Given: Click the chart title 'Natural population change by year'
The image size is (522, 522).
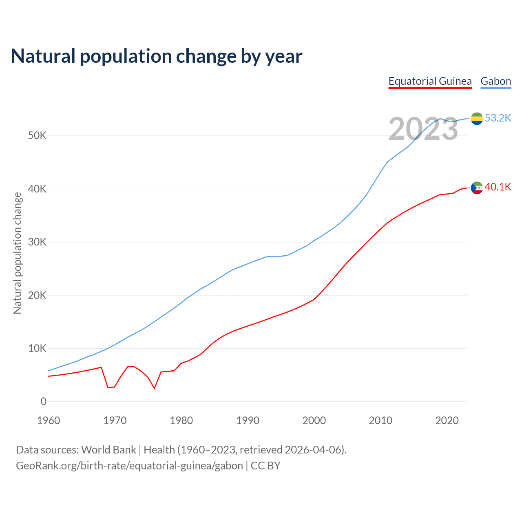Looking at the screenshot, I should pos(157,56).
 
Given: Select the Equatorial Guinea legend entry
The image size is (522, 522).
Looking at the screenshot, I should pos(430,81).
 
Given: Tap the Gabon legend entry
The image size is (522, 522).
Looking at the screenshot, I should pos(495,81).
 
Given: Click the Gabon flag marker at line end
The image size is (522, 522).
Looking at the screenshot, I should pos(477,119).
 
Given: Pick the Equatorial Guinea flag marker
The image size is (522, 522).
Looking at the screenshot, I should pos(477,188).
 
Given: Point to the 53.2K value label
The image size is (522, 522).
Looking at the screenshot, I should pos(498,118).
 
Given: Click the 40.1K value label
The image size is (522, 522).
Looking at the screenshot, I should pos(498,187).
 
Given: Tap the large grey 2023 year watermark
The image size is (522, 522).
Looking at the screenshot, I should pos(423,129).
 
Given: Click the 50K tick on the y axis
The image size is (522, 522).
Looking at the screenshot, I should pos(37,136).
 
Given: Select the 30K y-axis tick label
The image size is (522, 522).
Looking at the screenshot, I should pos(37,242).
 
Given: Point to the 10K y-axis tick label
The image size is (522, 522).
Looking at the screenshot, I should pos(37,349).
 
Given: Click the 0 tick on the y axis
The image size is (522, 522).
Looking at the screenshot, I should pos(43,402).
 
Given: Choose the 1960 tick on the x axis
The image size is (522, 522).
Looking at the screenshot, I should pos(49,420).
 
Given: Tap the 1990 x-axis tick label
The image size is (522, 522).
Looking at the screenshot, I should pos(248,420).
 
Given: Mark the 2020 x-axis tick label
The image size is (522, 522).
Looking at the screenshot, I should pos(447,420).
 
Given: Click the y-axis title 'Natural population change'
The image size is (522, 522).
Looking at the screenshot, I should pos(18,253).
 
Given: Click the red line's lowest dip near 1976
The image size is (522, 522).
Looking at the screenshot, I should pos(155,388).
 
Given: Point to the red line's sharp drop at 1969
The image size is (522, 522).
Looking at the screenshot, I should pos(108,387).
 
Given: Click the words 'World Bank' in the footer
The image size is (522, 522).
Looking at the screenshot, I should pos(108,450).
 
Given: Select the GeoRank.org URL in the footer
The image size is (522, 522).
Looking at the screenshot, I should pos(129,466).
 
